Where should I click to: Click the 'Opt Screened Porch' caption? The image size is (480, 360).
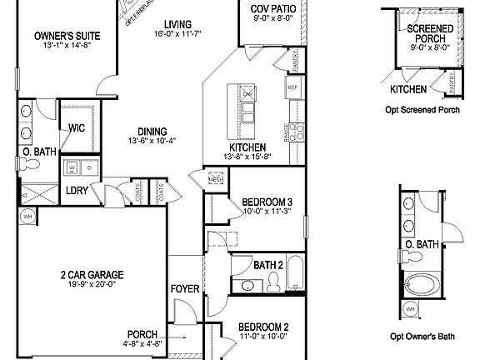(424, 110)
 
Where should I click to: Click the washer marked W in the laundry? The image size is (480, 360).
(72, 167)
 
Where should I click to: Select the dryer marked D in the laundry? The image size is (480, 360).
(87, 167)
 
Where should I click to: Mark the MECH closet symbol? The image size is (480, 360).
(216, 178)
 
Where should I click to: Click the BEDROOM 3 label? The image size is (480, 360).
(267, 202)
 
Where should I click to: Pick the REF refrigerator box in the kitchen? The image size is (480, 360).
(292, 87)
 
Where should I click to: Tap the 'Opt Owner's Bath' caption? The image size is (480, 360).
(422, 337)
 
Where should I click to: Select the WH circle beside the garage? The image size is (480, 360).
(26, 218)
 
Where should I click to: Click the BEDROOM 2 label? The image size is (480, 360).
(263, 327)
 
